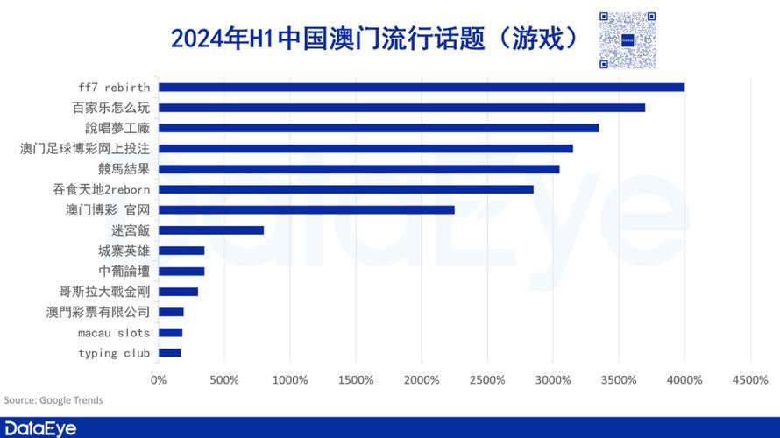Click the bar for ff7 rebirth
click(421, 87)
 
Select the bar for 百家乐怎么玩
click(401, 108)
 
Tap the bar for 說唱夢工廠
click(379, 128)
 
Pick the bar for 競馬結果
click(358, 169)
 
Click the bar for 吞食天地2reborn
click(345, 189)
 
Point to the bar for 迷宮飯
click(211, 230)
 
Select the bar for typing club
click(170, 353)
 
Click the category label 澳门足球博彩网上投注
click(85, 149)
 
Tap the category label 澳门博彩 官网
click(108, 210)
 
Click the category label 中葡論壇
click(124, 272)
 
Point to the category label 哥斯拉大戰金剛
click(104, 292)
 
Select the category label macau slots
click(114, 333)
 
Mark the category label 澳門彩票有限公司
click(98, 312)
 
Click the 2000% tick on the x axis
click(422, 380)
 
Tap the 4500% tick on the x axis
click(750, 380)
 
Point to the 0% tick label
click(159, 380)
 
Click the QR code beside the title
click(628, 40)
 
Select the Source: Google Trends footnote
click(53, 400)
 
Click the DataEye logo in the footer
click(40, 428)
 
